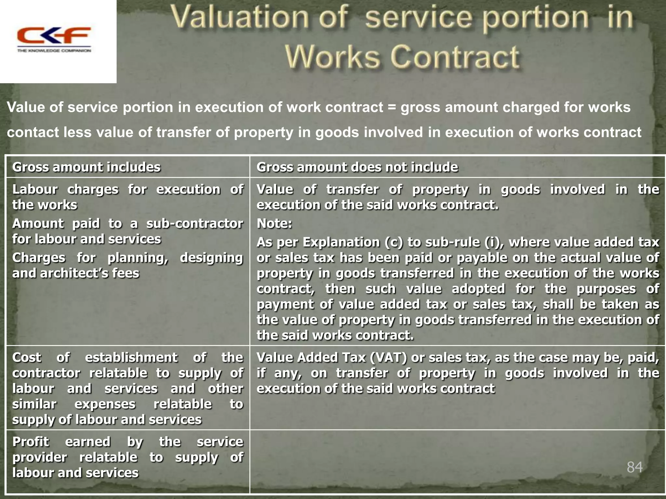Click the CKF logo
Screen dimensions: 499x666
[x=54, y=39]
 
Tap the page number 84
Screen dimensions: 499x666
[x=634, y=467]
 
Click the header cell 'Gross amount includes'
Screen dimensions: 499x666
[x=86, y=167]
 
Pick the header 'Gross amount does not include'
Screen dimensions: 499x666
[x=357, y=167]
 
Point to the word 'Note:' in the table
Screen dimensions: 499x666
[x=274, y=224]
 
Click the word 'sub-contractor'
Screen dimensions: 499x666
[x=194, y=224]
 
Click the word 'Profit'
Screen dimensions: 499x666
[x=31, y=442]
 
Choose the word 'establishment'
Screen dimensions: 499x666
[x=131, y=358]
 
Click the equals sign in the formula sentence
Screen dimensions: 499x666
[x=392, y=108]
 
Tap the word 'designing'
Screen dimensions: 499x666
[x=211, y=258]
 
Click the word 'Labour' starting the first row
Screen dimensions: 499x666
[x=35, y=190]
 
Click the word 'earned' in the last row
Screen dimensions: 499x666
[x=88, y=442]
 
